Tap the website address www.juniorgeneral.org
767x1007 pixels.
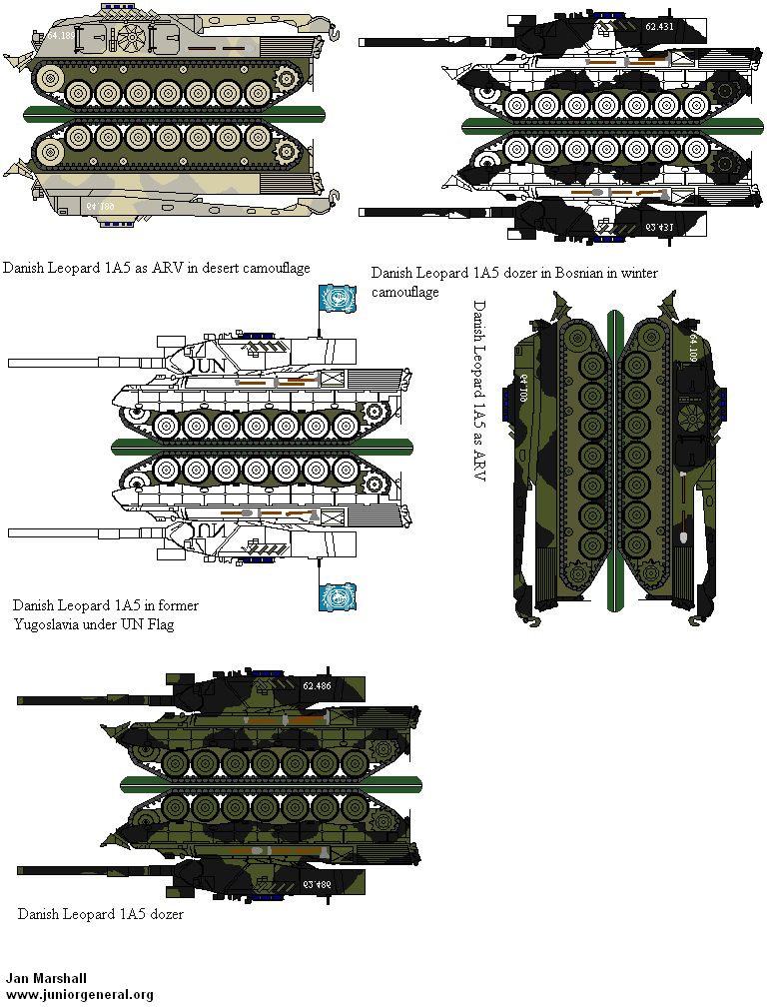pos(79,994)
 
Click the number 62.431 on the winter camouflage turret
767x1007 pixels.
pos(660,27)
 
